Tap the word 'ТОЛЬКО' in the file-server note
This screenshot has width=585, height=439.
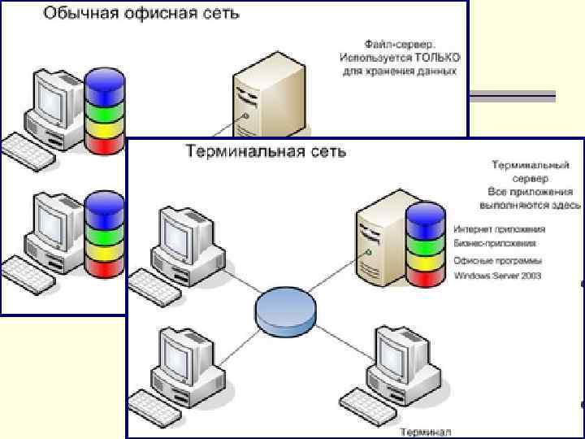tap(436, 58)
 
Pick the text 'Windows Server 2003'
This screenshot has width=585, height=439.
tap(499, 276)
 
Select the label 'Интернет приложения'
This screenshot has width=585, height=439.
tap(499, 229)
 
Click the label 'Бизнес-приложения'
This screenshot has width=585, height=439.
tap(496, 242)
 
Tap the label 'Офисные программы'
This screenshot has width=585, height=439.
tap(498, 261)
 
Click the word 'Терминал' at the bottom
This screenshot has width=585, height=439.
tap(426, 432)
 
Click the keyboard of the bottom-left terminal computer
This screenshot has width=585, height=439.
tap(154, 403)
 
